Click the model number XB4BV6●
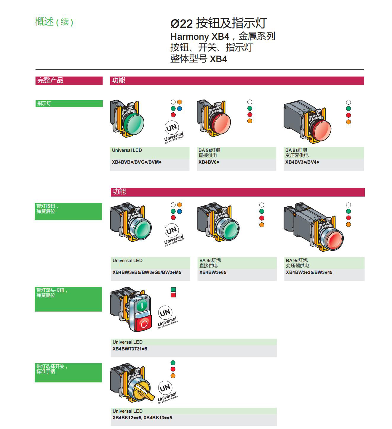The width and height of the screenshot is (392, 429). click(x=209, y=162)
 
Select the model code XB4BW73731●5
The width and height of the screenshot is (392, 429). click(x=130, y=349)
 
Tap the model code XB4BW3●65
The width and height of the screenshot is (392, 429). click(x=213, y=272)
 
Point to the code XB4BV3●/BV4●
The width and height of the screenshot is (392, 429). click(x=302, y=162)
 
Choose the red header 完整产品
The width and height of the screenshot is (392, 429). click(x=50, y=80)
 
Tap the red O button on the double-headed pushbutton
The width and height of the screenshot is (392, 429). click(x=144, y=324)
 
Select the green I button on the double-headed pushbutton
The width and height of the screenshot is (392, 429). click(x=142, y=305)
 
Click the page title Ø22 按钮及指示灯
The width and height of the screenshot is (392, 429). click(x=219, y=23)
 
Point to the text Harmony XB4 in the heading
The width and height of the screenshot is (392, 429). click(x=200, y=36)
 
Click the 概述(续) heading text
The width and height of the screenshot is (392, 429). click(x=54, y=22)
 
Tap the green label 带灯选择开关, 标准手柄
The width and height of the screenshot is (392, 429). click(x=52, y=369)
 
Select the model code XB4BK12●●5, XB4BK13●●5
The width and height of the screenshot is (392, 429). click(x=142, y=418)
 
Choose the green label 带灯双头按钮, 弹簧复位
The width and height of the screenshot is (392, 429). click(x=52, y=293)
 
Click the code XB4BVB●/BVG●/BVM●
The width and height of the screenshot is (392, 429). click(x=137, y=162)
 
